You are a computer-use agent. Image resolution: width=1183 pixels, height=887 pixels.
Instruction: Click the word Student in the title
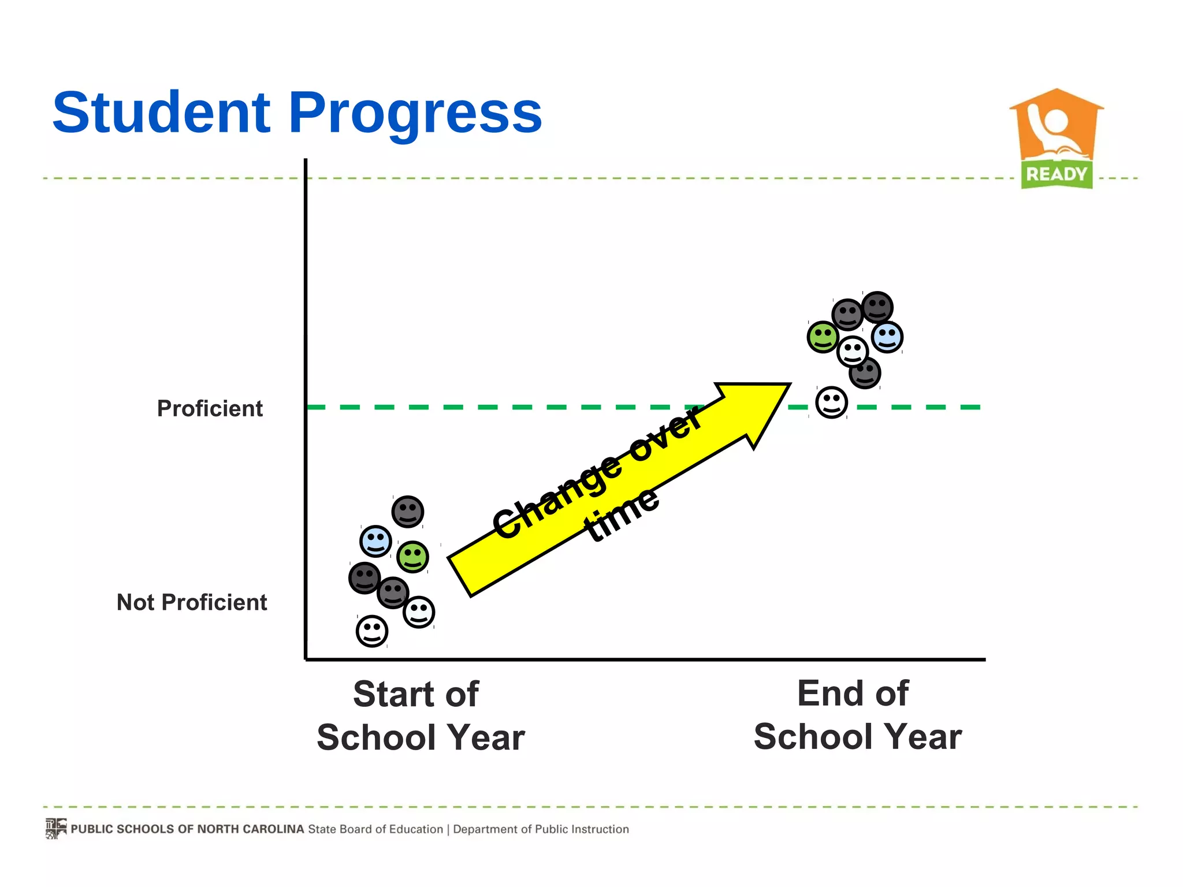pos(161,113)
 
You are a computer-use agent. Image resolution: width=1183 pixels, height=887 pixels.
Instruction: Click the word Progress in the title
pos(415,114)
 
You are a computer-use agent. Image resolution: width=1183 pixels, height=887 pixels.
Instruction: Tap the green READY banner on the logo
pos(1056,174)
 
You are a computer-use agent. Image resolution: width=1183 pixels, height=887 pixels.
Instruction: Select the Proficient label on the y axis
pos(210,408)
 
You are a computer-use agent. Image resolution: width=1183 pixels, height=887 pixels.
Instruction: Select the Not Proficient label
pos(192,602)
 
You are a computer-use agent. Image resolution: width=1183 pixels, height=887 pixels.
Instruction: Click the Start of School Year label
pos(420,715)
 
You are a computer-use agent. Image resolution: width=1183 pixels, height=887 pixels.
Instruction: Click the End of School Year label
pos(857,715)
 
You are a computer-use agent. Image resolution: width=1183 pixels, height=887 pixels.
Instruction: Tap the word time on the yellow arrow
pos(622,515)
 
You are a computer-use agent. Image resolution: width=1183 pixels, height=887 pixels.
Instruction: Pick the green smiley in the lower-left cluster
pos(412,557)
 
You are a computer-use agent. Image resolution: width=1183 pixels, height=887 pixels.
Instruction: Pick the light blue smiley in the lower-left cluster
pos(375,541)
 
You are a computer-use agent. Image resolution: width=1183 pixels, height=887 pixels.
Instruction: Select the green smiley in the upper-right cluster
pos(823,337)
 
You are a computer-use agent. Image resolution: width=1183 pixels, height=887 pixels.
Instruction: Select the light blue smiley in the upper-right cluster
pos(887,337)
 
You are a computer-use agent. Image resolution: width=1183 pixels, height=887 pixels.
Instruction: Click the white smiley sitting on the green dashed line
pos(831,402)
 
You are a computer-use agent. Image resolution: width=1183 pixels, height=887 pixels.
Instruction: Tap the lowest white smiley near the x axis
pos(371,631)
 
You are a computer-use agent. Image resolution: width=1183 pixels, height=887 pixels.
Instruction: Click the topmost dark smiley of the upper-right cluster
pos(877,307)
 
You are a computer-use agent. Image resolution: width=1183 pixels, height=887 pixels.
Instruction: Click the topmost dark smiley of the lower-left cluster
pos(408,512)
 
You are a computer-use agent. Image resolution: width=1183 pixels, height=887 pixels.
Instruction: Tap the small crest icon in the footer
pos(56,828)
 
